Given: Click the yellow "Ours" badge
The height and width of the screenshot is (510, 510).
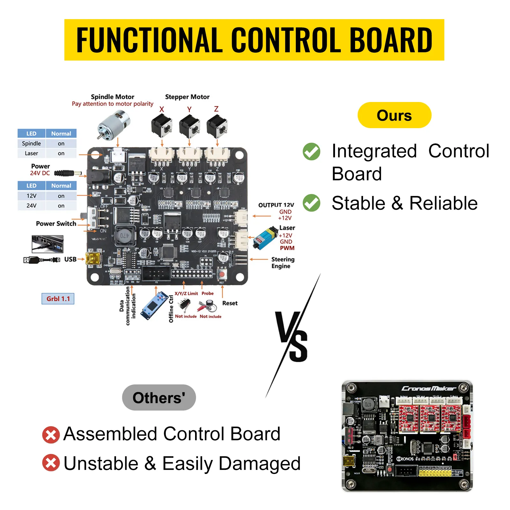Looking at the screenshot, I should [x=394, y=115].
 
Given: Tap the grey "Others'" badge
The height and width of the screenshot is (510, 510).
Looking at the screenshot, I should [x=159, y=397].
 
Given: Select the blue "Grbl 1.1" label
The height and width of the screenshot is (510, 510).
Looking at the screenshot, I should [x=58, y=299].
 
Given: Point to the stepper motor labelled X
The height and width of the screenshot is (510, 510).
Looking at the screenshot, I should [x=162, y=127].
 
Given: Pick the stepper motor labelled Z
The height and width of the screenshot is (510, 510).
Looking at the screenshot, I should [x=217, y=127].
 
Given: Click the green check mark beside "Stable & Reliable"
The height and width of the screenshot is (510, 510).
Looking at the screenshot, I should [x=311, y=203].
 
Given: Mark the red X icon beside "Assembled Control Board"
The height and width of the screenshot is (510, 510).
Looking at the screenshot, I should [x=51, y=434].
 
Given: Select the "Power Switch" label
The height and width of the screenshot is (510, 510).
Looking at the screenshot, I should [x=56, y=223].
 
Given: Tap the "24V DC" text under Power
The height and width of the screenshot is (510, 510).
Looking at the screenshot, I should [x=40, y=173].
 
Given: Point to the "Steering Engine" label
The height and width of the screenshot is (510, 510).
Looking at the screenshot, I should [x=283, y=263].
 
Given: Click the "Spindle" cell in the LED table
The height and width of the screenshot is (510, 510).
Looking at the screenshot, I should [x=31, y=143].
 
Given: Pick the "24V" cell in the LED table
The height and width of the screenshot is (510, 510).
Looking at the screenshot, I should [x=31, y=206].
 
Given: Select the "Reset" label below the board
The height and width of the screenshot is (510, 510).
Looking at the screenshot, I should [x=230, y=303].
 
